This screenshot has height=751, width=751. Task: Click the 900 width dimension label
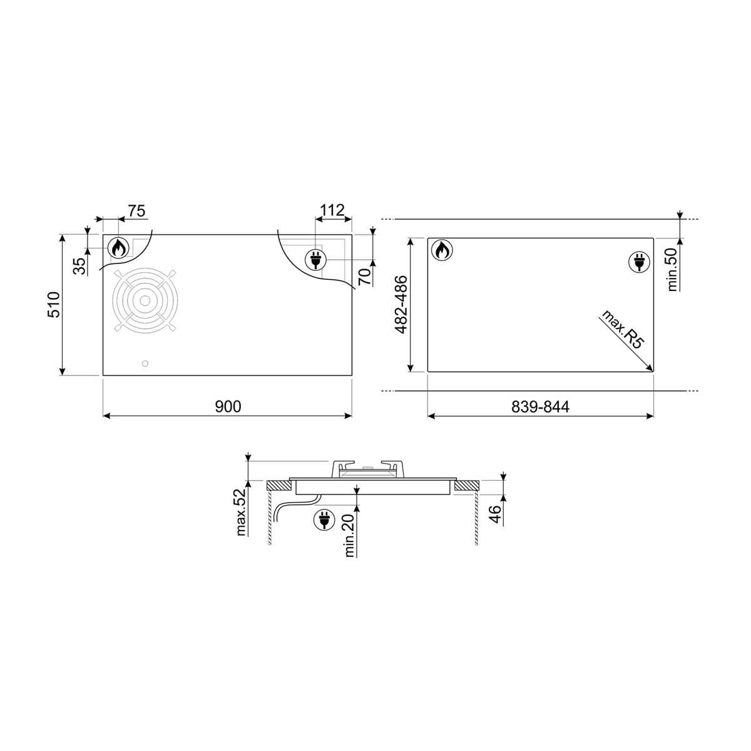click(228, 407)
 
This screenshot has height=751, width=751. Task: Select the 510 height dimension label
click(54, 305)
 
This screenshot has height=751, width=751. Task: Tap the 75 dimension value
click(137, 211)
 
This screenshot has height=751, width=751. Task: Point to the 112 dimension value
click(332, 210)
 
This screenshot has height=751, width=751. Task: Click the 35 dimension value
click(79, 266)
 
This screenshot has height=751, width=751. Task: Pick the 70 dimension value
click(364, 277)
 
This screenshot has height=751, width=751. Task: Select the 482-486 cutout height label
click(401, 305)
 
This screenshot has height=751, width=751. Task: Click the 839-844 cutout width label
click(540, 407)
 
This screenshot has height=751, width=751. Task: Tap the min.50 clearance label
click(672, 269)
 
